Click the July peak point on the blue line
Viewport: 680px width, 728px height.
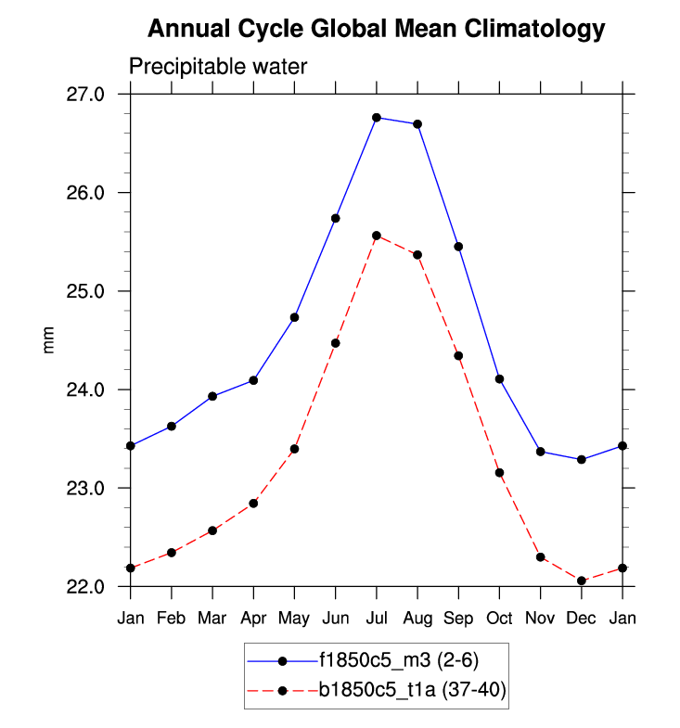tap(377, 118)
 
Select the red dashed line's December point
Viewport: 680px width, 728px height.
tap(582, 581)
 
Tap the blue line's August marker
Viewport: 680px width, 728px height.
tap(417, 124)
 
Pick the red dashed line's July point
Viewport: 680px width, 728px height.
tap(377, 236)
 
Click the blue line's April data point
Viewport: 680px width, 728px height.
tap(253, 380)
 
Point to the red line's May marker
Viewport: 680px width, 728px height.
tap(294, 449)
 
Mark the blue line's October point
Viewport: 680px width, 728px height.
tap(499, 378)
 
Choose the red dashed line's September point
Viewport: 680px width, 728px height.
tap(458, 356)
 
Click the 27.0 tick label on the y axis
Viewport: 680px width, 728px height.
tap(97, 95)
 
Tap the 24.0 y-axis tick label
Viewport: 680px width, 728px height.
tap(97, 390)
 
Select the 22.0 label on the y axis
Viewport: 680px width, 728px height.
tap(97, 586)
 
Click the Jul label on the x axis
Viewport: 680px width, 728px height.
tap(377, 618)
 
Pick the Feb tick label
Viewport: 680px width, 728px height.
tap(172, 618)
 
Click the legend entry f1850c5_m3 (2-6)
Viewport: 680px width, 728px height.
tap(399, 660)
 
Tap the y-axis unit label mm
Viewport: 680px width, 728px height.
tap(50, 340)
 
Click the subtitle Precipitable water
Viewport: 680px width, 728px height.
tap(218, 67)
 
